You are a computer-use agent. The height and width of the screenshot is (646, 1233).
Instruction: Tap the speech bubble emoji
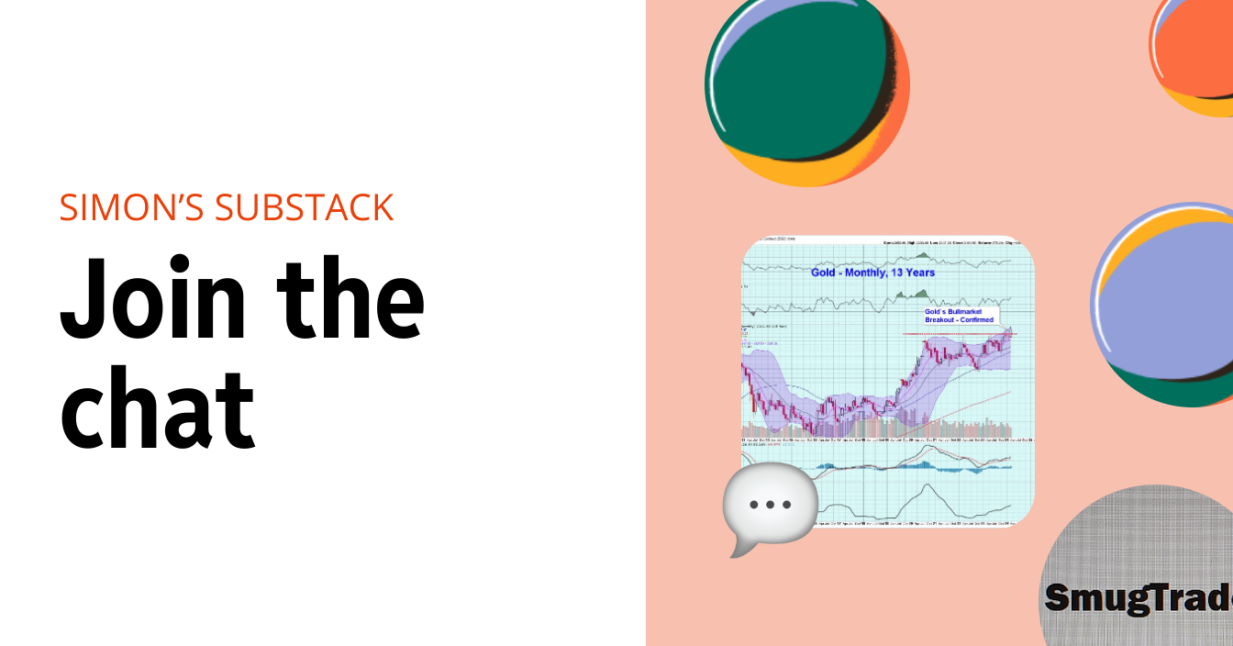(x=769, y=507)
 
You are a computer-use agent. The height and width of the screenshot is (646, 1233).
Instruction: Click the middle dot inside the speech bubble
(x=770, y=505)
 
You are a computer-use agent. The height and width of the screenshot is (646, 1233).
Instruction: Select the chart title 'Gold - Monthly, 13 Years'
(x=872, y=273)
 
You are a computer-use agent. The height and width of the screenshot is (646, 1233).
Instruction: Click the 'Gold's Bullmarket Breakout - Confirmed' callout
(x=959, y=316)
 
